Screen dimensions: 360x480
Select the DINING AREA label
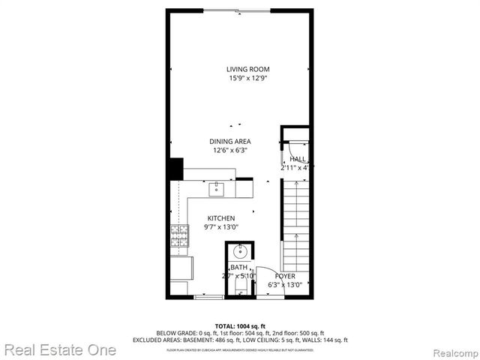pyautogui.click(x=229, y=141)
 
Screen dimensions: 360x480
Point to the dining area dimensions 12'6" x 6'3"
pyautogui.click(x=229, y=150)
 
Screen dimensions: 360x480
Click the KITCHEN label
pyautogui.click(x=221, y=218)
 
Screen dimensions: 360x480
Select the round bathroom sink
pyautogui.click(x=240, y=250)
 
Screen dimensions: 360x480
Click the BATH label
pyautogui.click(x=238, y=268)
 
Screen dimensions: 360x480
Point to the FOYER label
pyautogui.click(x=285, y=276)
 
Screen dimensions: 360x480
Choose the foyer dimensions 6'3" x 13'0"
pyautogui.click(x=285, y=285)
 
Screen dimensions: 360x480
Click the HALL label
pyautogui.click(x=298, y=159)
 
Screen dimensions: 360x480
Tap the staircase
pyautogui.click(x=295, y=225)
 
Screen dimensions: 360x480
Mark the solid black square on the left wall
pyautogui.click(x=175, y=169)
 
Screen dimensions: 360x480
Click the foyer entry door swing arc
pyautogui.click(x=266, y=279)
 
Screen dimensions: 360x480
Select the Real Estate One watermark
pyautogui.click(x=59, y=349)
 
